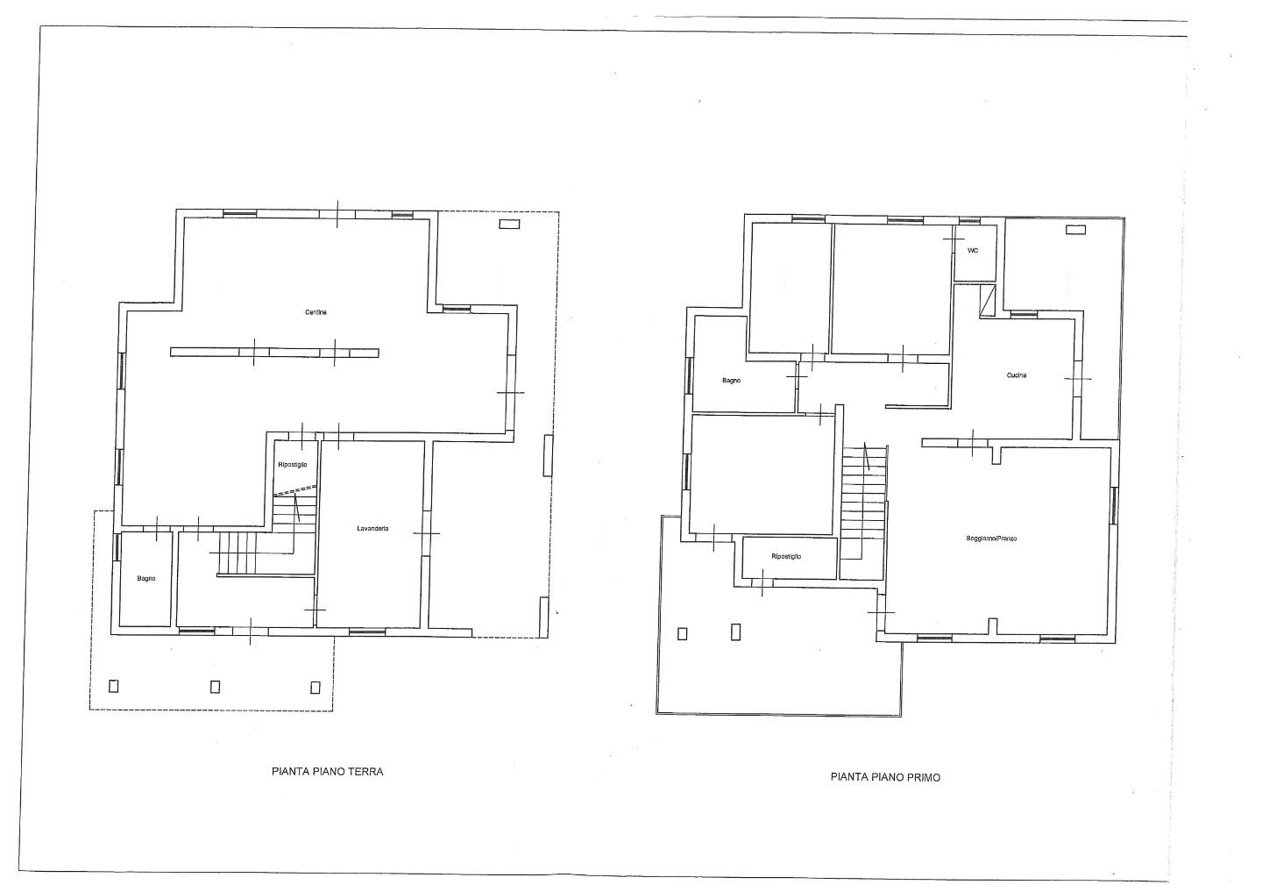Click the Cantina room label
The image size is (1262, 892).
[315, 312]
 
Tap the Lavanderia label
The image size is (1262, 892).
[372, 529]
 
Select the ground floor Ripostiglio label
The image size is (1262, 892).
[293, 465]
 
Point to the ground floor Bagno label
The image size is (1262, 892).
[145, 579]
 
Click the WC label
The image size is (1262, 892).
[973, 251]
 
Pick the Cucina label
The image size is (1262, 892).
[1017, 375]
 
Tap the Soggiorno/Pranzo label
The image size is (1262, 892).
[991, 539]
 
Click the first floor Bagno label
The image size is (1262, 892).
[731, 382]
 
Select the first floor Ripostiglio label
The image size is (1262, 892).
[786, 556]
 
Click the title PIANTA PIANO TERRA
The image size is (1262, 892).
[328, 772]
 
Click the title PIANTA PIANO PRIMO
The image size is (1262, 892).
[885, 777]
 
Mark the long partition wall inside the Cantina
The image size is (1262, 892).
[274, 353]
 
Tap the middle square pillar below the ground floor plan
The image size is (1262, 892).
[215, 687]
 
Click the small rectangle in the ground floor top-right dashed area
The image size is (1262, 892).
[509, 224]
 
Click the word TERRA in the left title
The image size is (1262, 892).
[365, 772]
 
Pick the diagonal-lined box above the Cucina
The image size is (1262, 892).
[988, 301]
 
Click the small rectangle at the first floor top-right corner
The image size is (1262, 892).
[1075, 230]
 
